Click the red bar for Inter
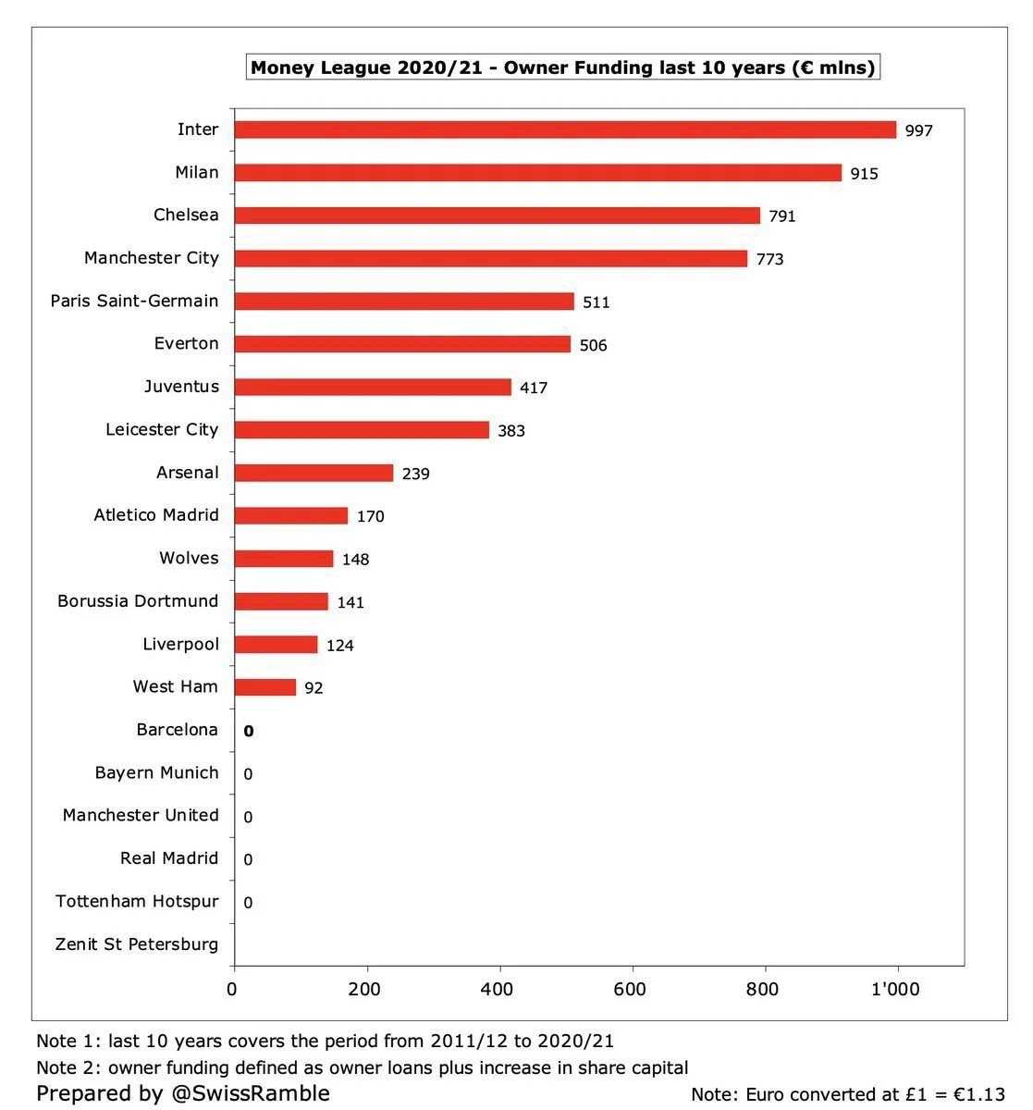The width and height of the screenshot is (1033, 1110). point(565,129)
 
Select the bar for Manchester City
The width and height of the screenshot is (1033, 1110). point(490,258)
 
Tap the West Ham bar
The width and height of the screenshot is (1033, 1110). point(264,687)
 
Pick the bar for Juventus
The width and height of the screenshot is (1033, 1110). point(372,387)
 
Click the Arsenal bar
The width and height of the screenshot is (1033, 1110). point(314,473)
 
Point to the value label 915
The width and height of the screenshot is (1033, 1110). point(864,173)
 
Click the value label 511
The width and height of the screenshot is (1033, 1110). point(596,302)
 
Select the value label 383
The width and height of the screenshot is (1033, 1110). point(510,430)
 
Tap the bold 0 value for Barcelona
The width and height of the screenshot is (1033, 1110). point(248,731)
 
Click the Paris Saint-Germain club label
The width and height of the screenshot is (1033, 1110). point(134,301)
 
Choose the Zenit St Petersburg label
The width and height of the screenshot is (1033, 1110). point(137,944)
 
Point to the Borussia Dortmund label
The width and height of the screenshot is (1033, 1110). point(138,601)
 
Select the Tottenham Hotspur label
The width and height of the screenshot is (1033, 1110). point(137,901)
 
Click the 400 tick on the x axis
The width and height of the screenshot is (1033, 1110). point(498,989)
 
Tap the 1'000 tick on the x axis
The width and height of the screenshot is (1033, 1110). point(895,989)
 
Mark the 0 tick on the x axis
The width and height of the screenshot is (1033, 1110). point(232,989)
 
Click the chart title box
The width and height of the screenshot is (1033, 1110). point(562,68)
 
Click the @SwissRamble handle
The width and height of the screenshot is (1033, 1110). point(250,1093)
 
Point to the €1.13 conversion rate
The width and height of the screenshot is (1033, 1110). point(978,1094)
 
